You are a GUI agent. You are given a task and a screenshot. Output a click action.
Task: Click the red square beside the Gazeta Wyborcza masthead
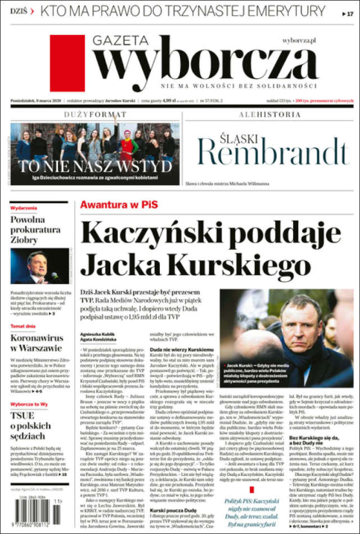pos(67,62)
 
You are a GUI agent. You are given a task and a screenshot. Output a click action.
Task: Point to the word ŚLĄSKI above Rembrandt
pos(228,137)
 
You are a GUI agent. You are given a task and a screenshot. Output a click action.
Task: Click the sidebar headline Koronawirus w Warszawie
pos(35,343)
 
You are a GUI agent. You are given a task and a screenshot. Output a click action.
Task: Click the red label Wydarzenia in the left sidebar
pos(24,208)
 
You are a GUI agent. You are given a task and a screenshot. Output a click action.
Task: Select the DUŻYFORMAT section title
pos(95,114)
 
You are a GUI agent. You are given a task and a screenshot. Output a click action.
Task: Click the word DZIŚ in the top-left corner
pos(19,11)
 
